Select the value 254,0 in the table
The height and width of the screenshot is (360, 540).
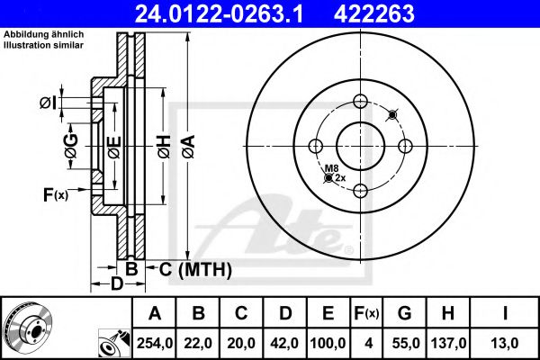(x=155, y=343)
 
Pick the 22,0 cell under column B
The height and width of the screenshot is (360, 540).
(x=198, y=343)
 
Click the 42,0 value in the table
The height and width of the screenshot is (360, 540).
(x=285, y=343)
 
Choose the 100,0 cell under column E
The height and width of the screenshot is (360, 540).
(x=330, y=343)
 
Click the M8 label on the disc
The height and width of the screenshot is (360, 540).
(x=331, y=168)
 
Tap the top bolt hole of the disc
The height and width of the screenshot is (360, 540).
(x=361, y=101)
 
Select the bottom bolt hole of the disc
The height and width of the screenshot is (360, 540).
(x=361, y=189)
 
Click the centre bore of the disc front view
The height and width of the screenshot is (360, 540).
(x=361, y=145)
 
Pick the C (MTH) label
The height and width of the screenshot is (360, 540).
(x=190, y=269)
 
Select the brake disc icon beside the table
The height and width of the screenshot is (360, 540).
(x=28, y=327)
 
